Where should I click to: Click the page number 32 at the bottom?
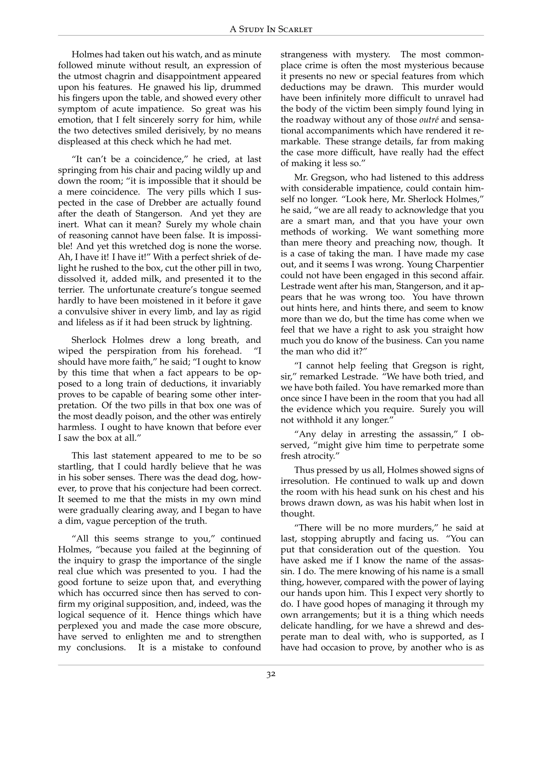tap(271, 674)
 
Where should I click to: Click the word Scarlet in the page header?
tap(295, 30)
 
